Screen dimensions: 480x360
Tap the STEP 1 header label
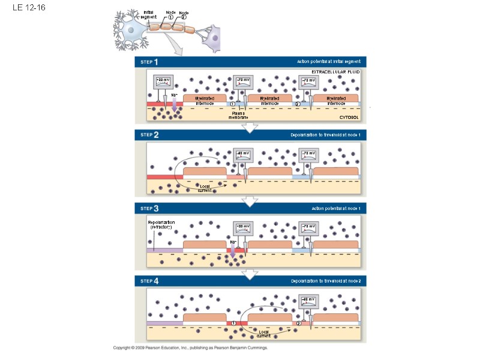[149, 62]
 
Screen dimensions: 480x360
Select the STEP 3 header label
[149, 208]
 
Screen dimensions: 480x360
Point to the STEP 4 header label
[149, 281]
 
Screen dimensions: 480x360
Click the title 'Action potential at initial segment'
[328, 62]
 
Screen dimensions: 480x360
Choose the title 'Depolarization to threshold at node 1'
[325, 135]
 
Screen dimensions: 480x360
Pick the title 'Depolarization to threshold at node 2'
[325, 281]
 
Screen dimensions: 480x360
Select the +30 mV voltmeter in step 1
[163, 83]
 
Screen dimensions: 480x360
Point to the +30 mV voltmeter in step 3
[243, 229]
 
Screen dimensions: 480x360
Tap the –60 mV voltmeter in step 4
[307, 301]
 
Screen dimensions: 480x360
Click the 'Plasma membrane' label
[238, 115]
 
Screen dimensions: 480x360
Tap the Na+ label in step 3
[233, 242]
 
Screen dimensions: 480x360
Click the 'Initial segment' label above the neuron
[148, 14]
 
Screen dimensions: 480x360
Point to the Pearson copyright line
[190, 348]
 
